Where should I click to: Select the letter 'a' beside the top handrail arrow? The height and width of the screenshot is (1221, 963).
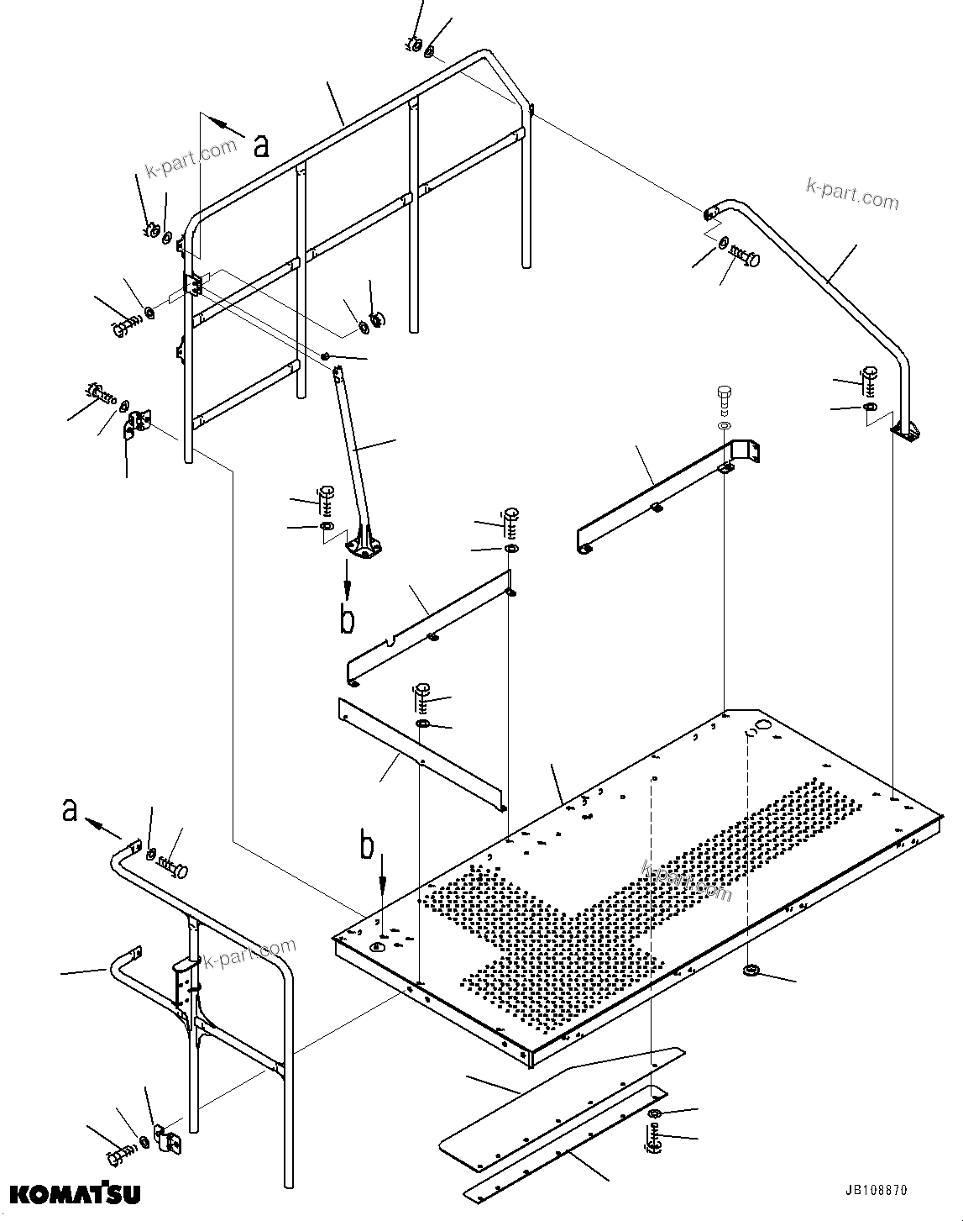point(262,145)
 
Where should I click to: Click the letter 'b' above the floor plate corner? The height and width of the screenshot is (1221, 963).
point(367,847)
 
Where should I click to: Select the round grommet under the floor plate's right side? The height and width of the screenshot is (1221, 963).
point(750,972)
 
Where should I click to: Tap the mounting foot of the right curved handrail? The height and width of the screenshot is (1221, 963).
point(907,433)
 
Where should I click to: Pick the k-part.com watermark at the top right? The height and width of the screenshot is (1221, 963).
point(851,194)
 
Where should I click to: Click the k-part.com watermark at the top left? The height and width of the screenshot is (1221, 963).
point(191,159)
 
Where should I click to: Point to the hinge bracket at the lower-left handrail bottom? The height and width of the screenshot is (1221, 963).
point(169,1139)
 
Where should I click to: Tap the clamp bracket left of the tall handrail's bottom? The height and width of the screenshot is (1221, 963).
point(137,424)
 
